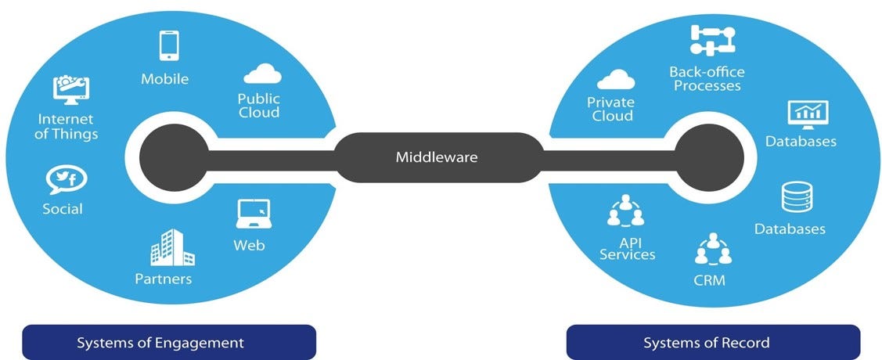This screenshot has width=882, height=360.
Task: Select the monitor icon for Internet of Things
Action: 70,90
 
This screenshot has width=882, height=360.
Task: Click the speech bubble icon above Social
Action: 67,180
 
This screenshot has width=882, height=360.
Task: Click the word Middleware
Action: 436,157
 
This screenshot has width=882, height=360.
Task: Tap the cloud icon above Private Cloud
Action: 615,80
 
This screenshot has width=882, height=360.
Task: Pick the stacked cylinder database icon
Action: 796,198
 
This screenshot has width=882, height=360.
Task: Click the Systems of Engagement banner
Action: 168,343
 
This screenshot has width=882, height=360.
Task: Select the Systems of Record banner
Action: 712,343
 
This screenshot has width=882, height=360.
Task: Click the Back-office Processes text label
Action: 707,79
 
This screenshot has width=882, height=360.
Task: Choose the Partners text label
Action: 163,279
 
